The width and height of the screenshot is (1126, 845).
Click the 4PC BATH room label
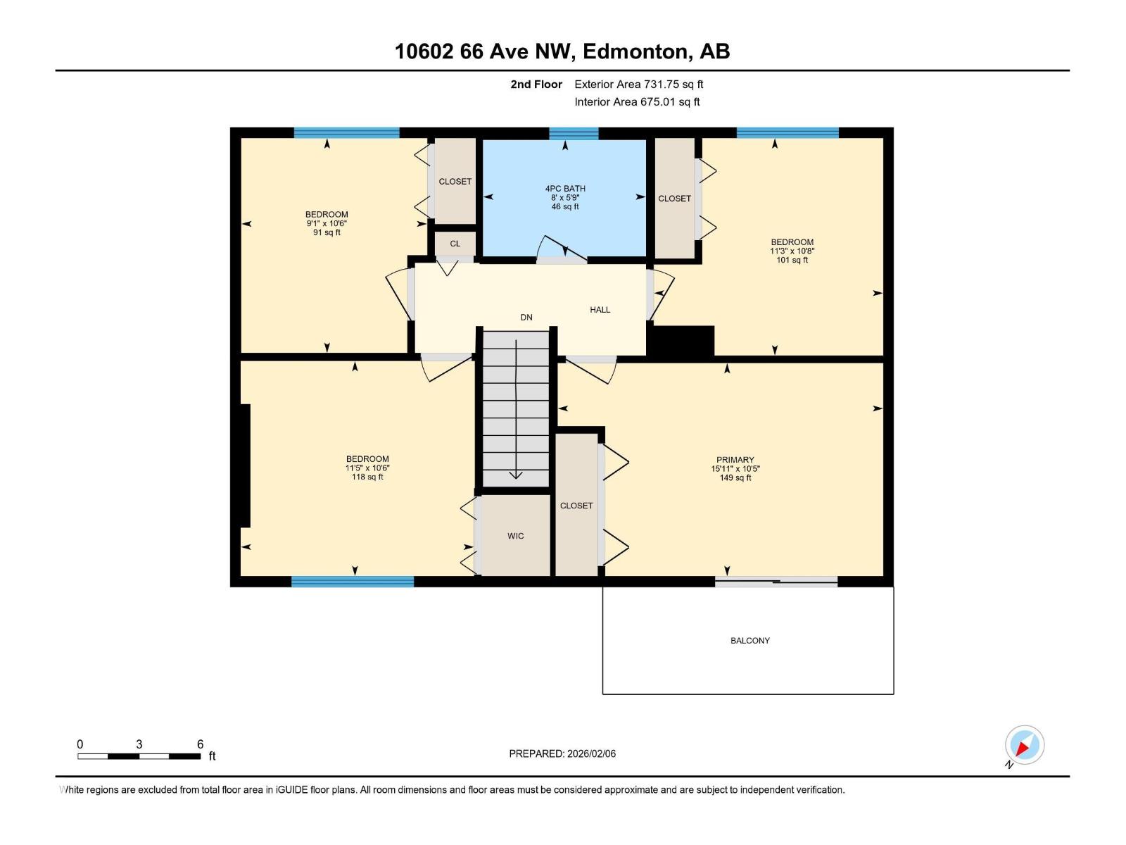[x=565, y=189]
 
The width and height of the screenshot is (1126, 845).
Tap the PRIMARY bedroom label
[x=735, y=460]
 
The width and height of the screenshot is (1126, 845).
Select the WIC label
[x=516, y=536]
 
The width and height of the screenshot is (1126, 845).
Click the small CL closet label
[x=455, y=244]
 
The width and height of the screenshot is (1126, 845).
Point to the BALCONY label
[x=750, y=641]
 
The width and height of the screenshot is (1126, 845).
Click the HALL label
[x=600, y=310]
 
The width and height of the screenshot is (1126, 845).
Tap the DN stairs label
[x=526, y=318]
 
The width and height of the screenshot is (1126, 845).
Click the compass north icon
[x=1024, y=746]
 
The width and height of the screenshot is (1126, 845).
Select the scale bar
[x=139, y=756]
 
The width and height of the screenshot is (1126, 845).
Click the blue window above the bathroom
[x=574, y=134]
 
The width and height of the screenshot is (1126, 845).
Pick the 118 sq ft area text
[x=367, y=477]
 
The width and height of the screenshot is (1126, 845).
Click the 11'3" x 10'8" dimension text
[x=792, y=251]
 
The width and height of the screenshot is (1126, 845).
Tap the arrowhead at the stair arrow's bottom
[x=516, y=475]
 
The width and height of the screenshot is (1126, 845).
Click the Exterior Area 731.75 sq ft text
[x=639, y=84]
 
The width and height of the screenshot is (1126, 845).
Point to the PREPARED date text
[x=562, y=753]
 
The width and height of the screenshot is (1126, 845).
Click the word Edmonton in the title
[x=635, y=52]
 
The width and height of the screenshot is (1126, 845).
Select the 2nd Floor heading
[x=536, y=84]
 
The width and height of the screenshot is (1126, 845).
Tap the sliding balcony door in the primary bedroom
[x=776, y=582]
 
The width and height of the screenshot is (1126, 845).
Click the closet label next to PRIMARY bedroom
[x=576, y=506]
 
